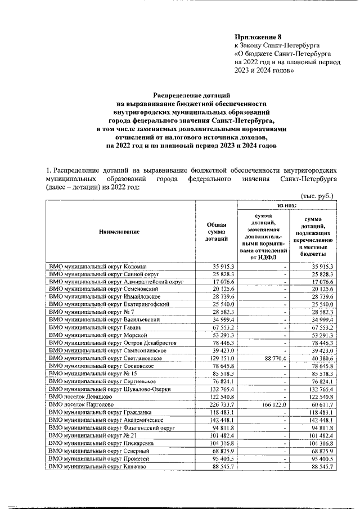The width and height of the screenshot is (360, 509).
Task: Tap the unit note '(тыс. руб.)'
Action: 318,196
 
